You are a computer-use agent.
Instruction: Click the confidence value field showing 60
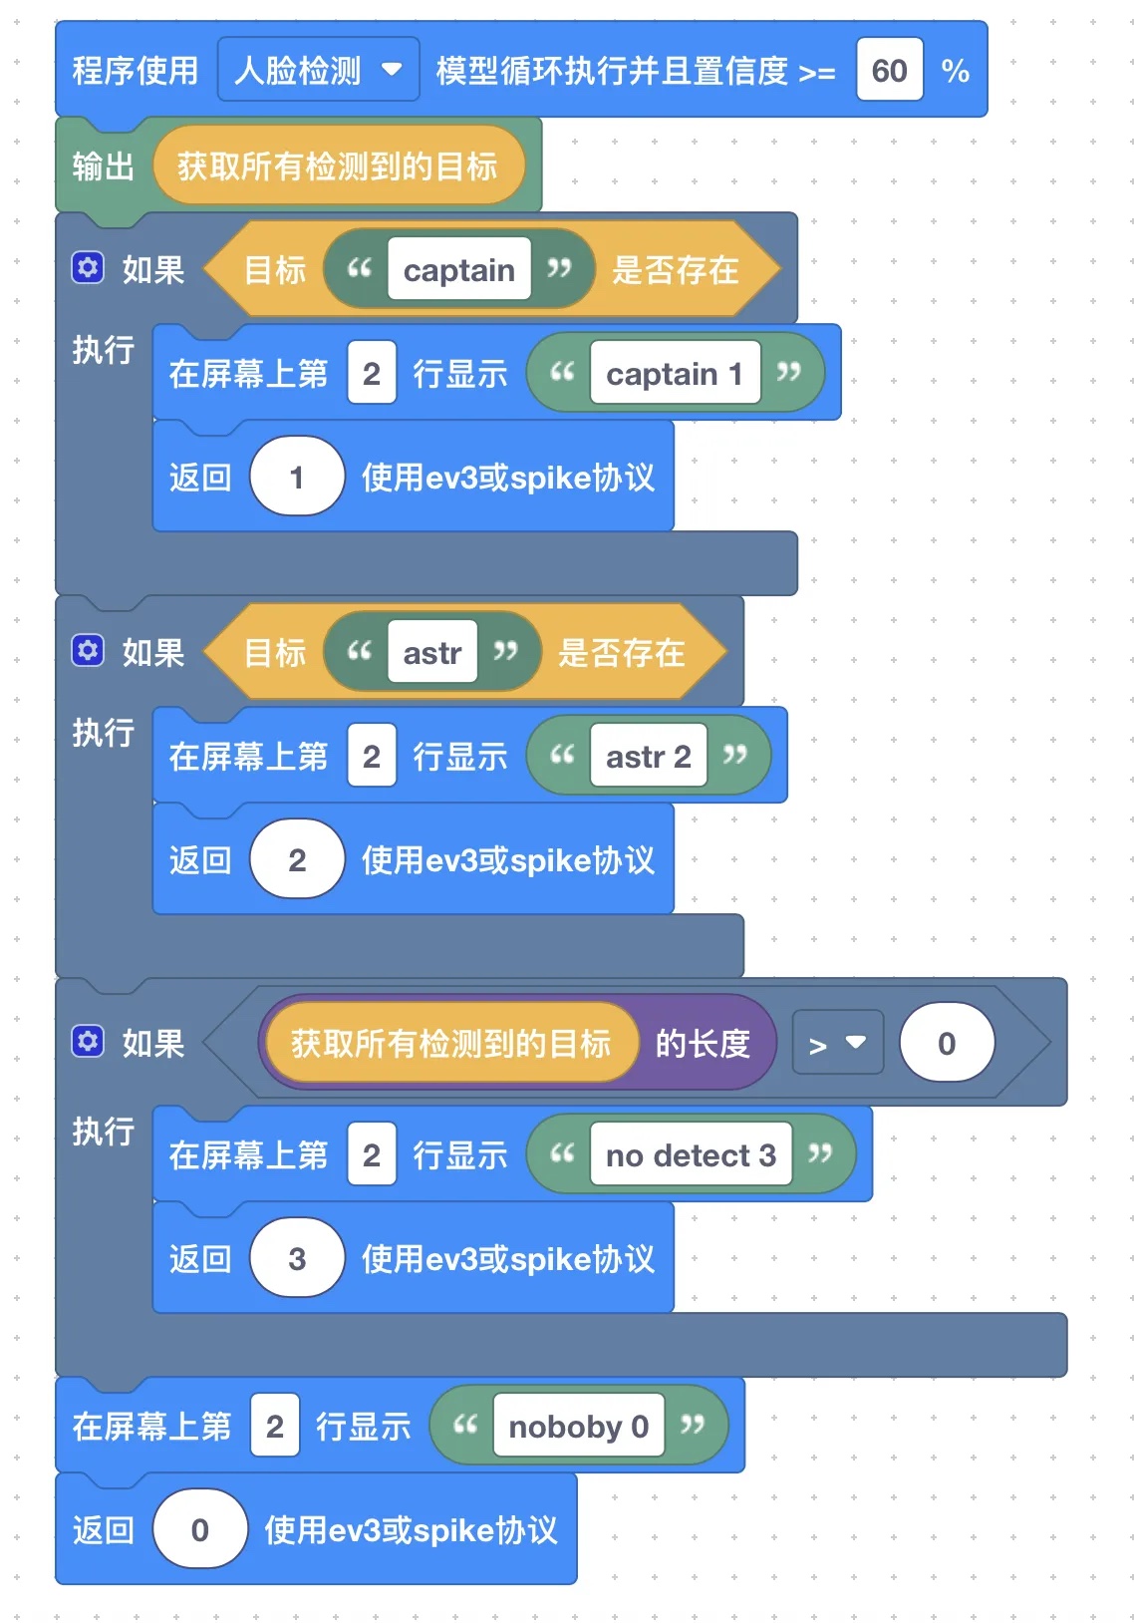point(889,71)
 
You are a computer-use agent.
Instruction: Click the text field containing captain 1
point(675,374)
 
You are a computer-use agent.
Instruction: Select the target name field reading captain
point(458,270)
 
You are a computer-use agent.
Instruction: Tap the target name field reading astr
point(431,653)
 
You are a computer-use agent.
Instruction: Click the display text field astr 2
point(648,757)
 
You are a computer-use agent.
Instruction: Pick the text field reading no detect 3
point(691,1155)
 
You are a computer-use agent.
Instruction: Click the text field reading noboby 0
point(578,1427)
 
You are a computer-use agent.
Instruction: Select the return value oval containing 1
point(296,478)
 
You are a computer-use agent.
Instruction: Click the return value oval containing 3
point(296,1259)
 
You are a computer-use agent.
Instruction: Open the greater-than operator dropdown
point(837,1044)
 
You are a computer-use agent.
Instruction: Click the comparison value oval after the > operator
point(946,1044)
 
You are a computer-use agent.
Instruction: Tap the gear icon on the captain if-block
point(88,268)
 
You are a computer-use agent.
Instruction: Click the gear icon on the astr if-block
point(88,651)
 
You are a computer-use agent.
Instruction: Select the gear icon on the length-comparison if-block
point(88,1042)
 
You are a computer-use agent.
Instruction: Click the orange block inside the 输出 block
point(337,166)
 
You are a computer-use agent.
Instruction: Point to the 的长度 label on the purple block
point(703,1044)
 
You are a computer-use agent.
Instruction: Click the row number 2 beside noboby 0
point(275,1427)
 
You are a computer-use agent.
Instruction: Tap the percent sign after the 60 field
point(955,71)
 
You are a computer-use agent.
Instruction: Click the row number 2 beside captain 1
point(372,374)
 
